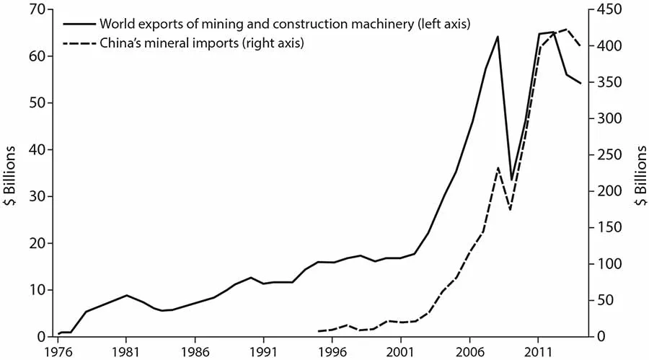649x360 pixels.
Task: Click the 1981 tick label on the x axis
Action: click(126, 350)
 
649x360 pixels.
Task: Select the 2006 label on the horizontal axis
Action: click(469, 350)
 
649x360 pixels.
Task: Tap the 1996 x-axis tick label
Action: click(332, 350)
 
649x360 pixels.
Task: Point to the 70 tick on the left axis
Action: click(36, 9)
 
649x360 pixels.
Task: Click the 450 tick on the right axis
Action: click(607, 9)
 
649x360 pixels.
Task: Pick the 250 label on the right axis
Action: click(607, 155)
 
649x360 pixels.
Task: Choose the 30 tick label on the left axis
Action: click(36, 196)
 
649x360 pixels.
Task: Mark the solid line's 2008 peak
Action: click(498, 36)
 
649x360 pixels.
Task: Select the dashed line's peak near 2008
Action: click(498, 167)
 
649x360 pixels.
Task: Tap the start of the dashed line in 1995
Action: click(319, 331)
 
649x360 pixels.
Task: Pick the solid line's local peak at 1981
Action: click(126, 295)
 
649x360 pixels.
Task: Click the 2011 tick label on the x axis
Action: click(538, 350)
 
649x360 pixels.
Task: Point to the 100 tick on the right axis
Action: click(607, 264)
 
